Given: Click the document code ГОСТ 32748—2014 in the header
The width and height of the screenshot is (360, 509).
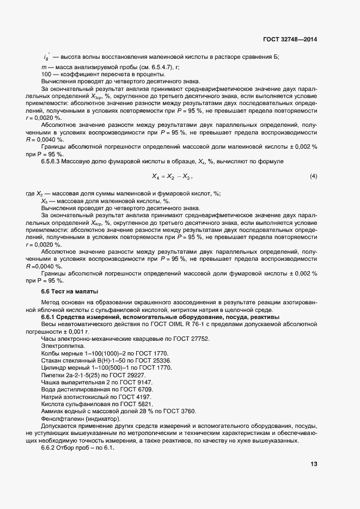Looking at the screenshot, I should coord(290,40).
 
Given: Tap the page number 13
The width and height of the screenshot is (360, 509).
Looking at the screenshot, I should coord(314,464).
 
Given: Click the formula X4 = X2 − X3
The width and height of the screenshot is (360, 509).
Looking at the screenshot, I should coord(172,176).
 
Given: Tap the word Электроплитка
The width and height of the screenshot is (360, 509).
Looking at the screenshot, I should coord(63,346).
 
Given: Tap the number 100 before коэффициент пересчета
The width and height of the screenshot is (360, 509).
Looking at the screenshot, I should coord(46,74).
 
